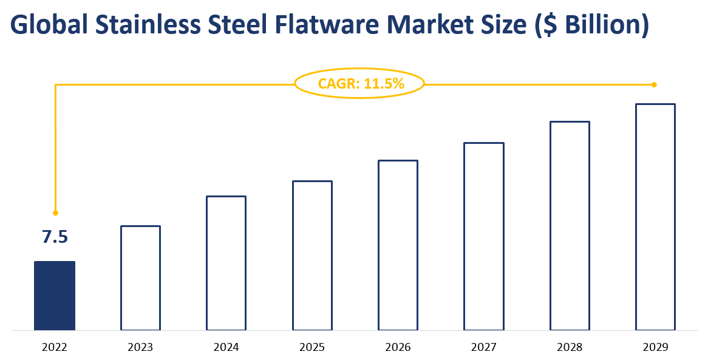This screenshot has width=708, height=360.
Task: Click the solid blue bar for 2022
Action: click(x=55, y=296)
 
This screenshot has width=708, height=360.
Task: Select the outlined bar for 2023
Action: click(x=140, y=278)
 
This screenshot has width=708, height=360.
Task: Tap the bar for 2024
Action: click(x=226, y=263)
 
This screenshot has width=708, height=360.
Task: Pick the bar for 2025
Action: click(x=312, y=256)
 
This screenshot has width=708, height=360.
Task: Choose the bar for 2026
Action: click(x=398, y=245)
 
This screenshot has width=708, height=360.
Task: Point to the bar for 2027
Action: click(x=484, y=236)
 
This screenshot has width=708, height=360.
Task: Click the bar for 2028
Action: click(x=570, y=226)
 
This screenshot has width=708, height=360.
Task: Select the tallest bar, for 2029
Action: click(x=655, y=217)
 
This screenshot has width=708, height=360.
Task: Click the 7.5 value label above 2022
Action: click(x=55, y=237)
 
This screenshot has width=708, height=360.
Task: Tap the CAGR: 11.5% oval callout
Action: click(x=359, y=84)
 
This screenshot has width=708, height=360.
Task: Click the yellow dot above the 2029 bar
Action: click(x=654, y=84)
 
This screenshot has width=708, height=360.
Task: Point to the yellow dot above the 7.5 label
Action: click(x=55, y=213)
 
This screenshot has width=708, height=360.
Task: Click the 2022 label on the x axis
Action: click(x=55, y=348)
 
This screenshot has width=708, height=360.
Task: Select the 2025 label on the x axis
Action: click(x=312, y=348)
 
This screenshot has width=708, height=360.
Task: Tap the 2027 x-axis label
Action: click(x=484, y=348)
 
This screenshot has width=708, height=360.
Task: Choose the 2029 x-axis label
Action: click(x=655, y=348)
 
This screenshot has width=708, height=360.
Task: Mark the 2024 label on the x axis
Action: click(x=226, y=348)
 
